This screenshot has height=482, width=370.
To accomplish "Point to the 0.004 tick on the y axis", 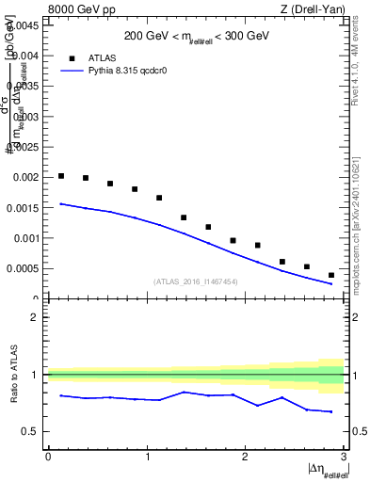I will [25, 56].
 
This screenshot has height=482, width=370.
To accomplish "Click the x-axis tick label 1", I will [147, 457].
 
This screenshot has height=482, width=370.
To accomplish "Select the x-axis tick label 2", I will [246, 457].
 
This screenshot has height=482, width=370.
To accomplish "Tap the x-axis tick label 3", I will [344, 457].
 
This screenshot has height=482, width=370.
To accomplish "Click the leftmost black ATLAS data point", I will [61, 176].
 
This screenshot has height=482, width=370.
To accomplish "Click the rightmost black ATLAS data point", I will [331, 275].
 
